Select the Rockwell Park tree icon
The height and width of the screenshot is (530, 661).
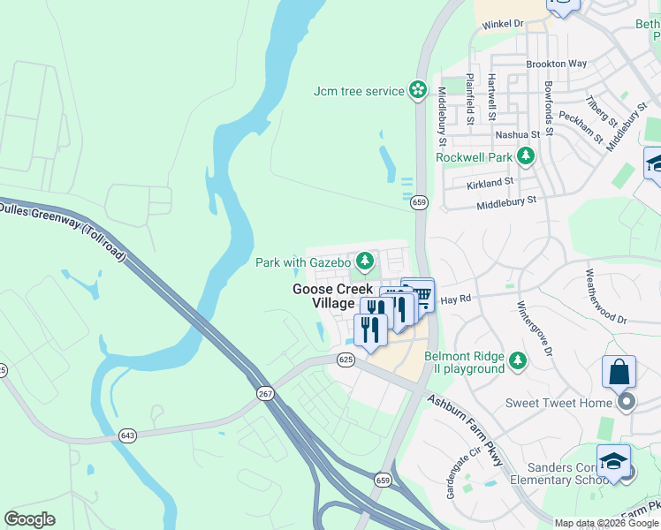pyautogui.click(x=526, y=156)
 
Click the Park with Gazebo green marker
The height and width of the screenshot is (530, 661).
pyautogui.click(x=364, y=261)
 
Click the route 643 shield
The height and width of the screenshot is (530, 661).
pyautogui.click(x=129, y=435)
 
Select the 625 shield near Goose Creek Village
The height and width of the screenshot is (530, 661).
pyautogui.click(x=346, y=359)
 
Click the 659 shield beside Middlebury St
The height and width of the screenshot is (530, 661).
pyautogui.click(x=420, y=202)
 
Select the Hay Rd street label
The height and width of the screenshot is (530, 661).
pyautogui.click(x=452, y=300)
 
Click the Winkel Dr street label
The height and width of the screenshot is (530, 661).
pyautogui.click(x=503, y=25)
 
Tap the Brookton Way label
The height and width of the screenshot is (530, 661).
pyautogui.click(x=556, y=64)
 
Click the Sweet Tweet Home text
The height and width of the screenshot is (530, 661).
pyautogui.click(x=558, y=403)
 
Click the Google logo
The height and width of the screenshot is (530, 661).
pyautogui.click(x=29, y=519)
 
